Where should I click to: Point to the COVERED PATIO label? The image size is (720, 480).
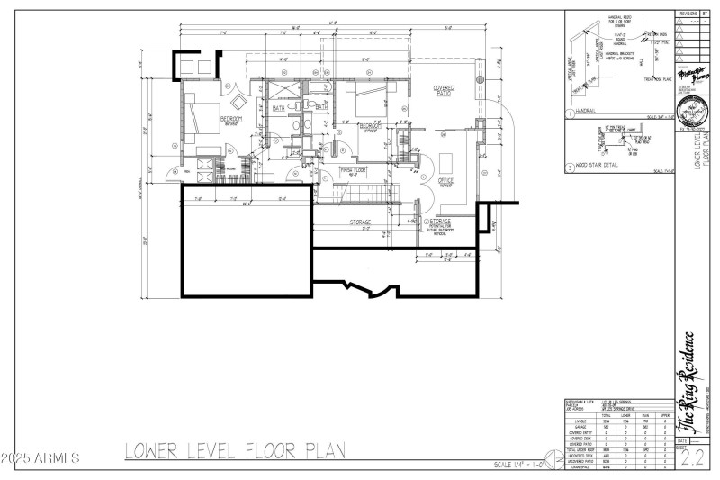444,91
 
